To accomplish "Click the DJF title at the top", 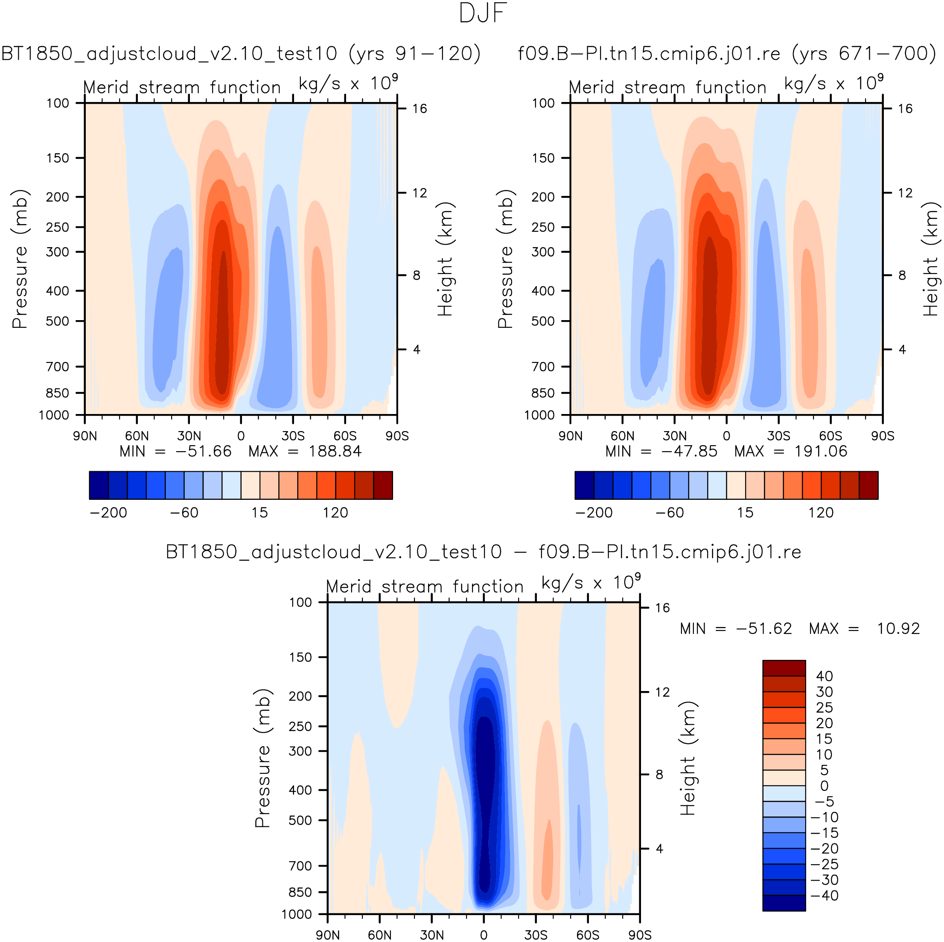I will (483, 13).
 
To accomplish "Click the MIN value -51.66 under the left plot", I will (203, 451).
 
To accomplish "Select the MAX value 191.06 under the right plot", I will (821, 451).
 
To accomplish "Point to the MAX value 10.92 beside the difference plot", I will (898, 628).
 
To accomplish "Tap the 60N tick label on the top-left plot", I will (137, 436).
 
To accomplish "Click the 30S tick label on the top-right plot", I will (778, 436).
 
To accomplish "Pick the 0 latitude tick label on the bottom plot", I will (483, 935).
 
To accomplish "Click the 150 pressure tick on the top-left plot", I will (58, 158).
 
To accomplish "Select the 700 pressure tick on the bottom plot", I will (300, 866).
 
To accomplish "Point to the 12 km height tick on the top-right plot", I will (905, 193).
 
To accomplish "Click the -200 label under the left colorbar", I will (108, 513).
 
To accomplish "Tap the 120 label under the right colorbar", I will (821, 513).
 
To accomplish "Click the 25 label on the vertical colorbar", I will (824, 708).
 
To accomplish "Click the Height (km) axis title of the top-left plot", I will (445, 259).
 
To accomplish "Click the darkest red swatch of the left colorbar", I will (383, 485).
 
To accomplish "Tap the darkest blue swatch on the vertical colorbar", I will (784, 903).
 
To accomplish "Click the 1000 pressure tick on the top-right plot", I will (539, 415).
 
